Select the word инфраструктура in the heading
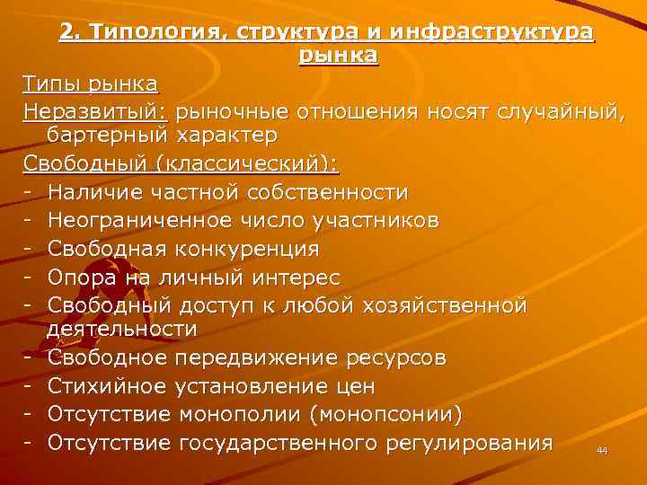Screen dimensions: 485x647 pos(506,33)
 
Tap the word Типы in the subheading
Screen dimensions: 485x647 pos(51,84)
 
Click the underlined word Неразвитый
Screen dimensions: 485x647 pos(96,111)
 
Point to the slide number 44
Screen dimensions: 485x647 pos(601,450)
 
